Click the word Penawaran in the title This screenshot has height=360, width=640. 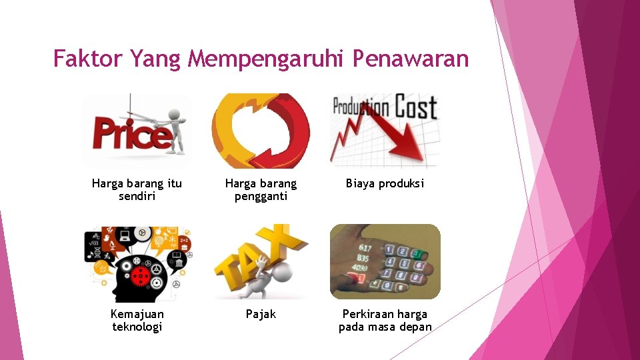(x=411, y=59)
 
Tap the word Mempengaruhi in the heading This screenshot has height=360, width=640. (x=266, y=60)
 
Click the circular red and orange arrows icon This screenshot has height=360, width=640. (x=261, y=130)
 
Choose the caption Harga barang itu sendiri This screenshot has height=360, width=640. (x=137, y=189)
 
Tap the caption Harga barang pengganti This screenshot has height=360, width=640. (x=261, y=189)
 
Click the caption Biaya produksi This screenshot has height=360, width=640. (x=385, y=183)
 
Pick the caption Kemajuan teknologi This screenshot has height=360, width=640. (x=137, y=320)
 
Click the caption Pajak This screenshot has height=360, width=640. (x=261, y=314)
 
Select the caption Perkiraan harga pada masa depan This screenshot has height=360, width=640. (x=385, y=320)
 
